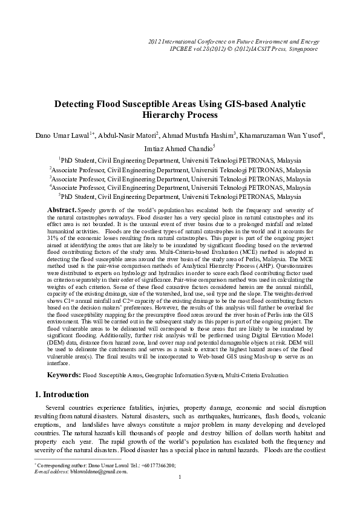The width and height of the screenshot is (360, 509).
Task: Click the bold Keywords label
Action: coord(63,375)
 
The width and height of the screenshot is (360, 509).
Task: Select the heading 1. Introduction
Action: coord(62,395)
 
